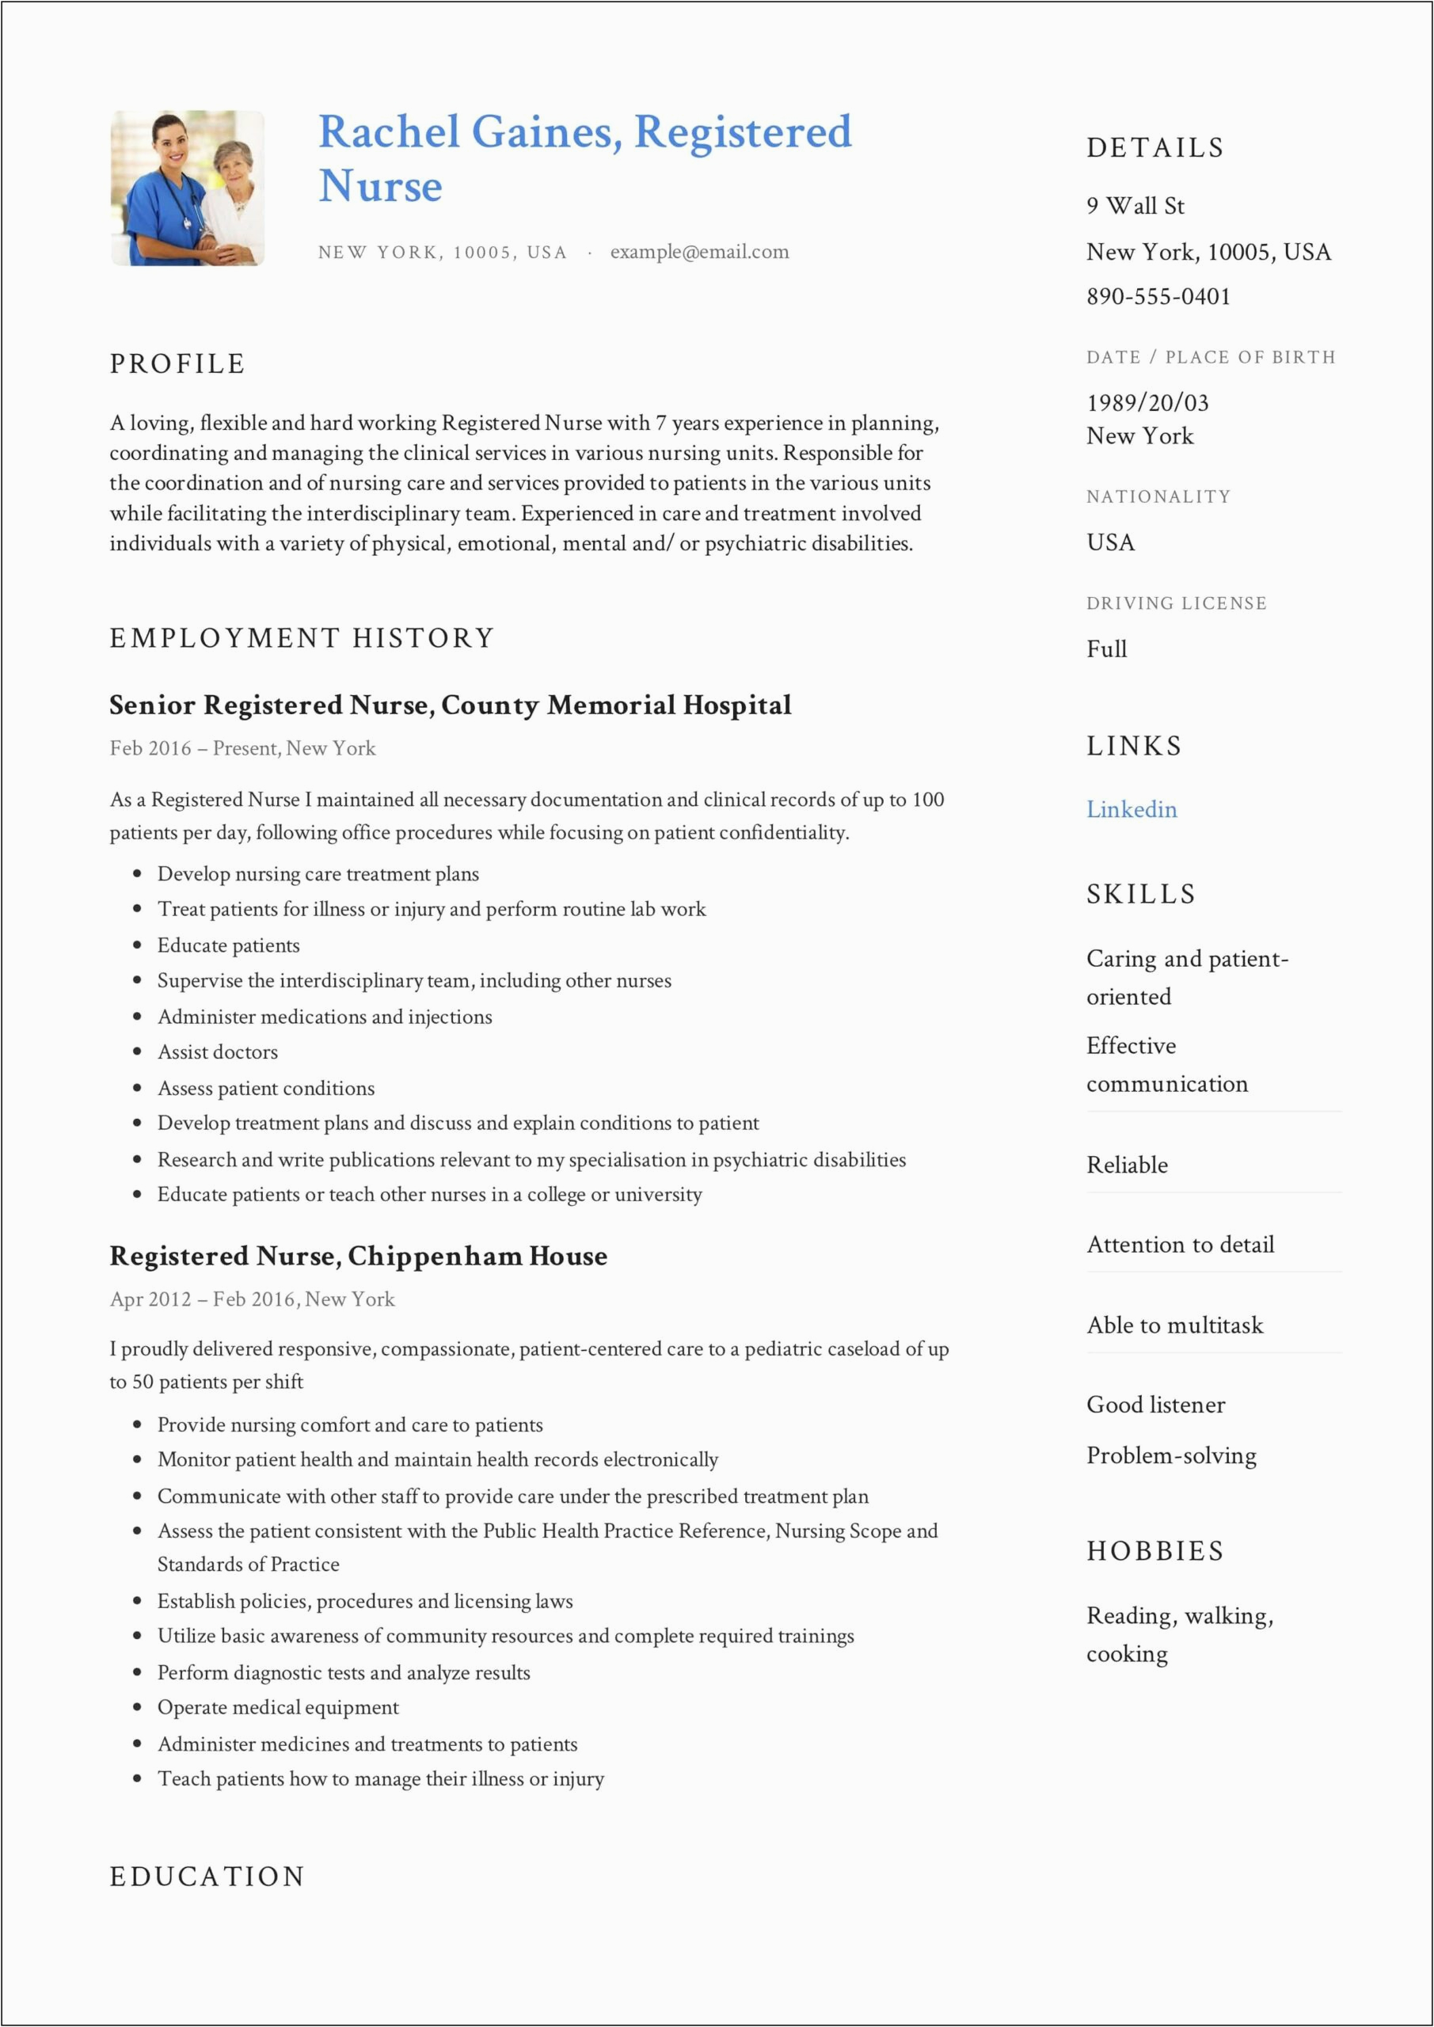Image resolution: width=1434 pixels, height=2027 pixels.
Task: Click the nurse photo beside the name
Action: coord(187,188)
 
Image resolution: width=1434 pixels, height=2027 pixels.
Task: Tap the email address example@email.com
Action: coord(699,252)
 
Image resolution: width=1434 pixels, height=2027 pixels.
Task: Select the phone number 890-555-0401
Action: coord(1158,297)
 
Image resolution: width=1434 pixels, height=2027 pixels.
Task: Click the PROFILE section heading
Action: coord(177,363)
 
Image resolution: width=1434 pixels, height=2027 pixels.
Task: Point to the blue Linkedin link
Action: coord(1132,809)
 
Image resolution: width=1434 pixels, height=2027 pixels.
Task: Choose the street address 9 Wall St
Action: coord(1135,206)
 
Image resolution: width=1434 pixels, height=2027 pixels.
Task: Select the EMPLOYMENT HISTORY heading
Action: coord(302,638)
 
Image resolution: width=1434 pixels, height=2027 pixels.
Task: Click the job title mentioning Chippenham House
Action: coord(358,1256)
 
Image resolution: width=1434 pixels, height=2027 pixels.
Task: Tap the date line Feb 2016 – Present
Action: coord(243,749)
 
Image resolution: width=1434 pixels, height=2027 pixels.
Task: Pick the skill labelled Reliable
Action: coord(1127,1166)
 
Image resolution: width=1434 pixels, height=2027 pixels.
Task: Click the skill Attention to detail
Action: coord(1180,1245)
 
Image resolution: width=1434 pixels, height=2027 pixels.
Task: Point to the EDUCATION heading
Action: coord(207,1876)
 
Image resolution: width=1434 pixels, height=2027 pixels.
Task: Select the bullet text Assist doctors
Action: coord(217,1052)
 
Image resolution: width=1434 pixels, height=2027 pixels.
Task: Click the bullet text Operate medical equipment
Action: coord(278,1707)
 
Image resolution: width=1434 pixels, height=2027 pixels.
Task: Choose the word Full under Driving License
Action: coord(1106,649)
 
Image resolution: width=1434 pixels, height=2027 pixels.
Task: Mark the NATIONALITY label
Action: coord(1158,497)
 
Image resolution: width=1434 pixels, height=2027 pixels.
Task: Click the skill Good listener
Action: coord(1155,1405)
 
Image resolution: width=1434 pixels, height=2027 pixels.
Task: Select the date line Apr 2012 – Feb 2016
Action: coord(253,1299)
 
